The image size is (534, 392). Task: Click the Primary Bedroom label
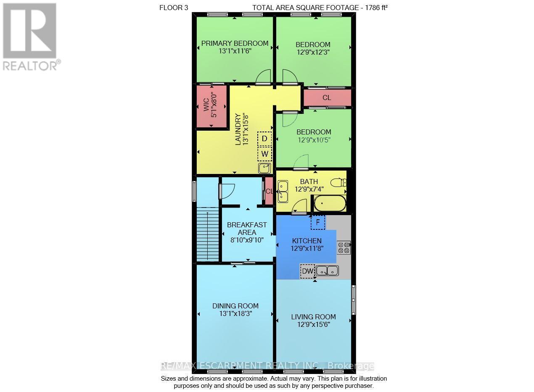click(x=235, y=43)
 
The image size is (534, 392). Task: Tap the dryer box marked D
click(x=264, y=138)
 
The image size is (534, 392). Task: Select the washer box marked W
click(x=264, y=154)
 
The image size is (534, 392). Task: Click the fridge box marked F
click(x=318, y=222)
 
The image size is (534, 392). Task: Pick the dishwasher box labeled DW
click(x=307, y=271)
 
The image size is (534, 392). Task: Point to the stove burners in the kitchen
click(x=344, y=247)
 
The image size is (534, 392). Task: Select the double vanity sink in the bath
click(x=283, y=191)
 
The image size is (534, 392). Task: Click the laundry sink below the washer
click(x=264, y=168)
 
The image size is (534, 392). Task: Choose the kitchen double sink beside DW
click(x=327, y=271)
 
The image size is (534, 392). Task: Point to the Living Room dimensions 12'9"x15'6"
click(x=313, y=325)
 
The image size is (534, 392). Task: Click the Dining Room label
click(x=235, y=306)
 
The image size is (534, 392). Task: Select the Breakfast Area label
click(x=247, y=229)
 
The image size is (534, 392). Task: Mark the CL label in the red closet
click(x=327, y=98)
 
